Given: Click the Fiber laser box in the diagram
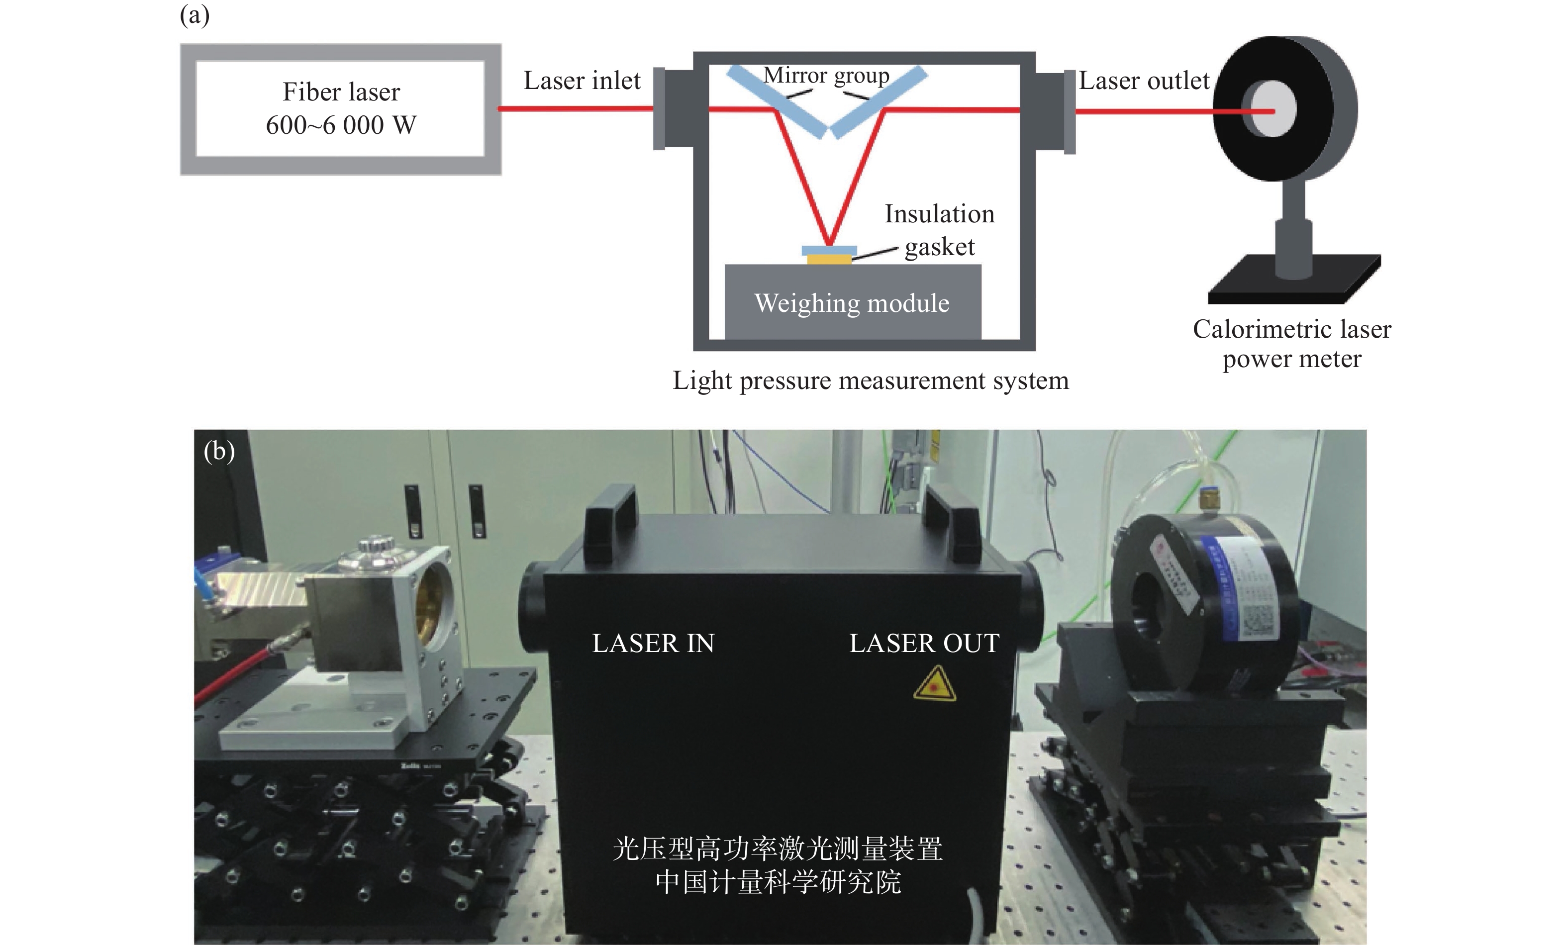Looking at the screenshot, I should click(x=341, y=109).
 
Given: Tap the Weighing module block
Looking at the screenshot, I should click(x=852, y=303).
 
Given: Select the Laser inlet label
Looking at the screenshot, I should click(x=582, y=81).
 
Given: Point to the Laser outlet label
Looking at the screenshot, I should click(x=1144, y=81).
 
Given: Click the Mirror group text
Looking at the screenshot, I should click(x=826, y=75).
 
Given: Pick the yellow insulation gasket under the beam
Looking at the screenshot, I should click(x=829, y=259).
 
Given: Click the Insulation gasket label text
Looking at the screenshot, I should click(x=939, y=230).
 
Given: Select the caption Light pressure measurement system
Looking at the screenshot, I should click(x=871, y=380).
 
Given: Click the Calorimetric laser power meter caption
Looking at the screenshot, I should click(x=1291, y=343).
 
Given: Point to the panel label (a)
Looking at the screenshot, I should click(x=195, y=14).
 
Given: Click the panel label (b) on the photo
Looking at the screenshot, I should click(x=219, y=451).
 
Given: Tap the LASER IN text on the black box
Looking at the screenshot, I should click(x=653, y=644).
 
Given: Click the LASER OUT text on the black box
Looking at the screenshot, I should click(x=924, y=644).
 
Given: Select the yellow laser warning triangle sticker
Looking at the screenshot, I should click(x=934, y=685).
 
